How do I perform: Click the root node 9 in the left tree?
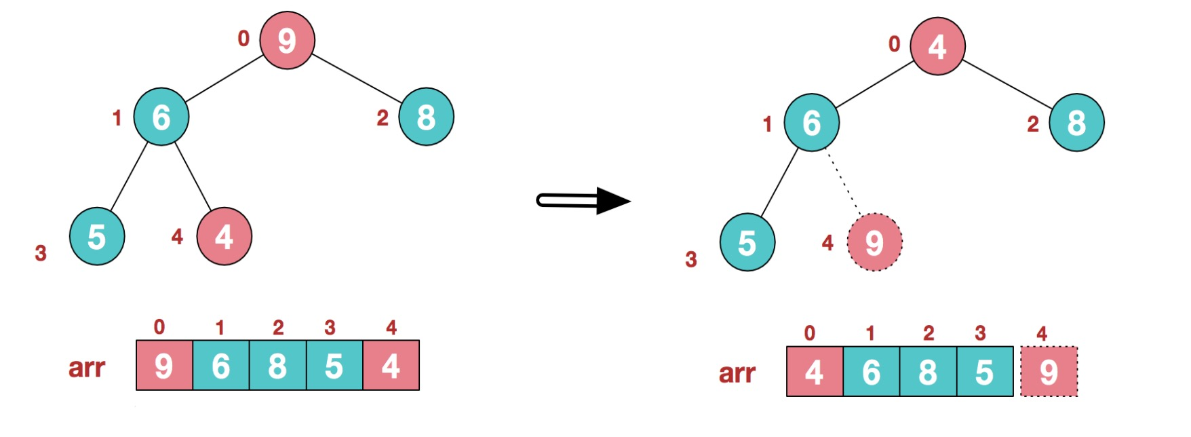pyautogui.click(x=287, y=40)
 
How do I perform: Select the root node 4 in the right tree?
pyautogui.click(x=937, y=46)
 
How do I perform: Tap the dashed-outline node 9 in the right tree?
pyautogui.click(x=874, y=242)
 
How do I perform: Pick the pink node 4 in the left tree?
pyautogui.click(x=224, y=236)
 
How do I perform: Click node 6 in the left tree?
pyautogui.click(x=161, y=117)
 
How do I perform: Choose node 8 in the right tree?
pyautogui.click(x=1076, y=123)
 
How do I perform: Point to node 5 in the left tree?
pyautogui.click(x=96, y=236)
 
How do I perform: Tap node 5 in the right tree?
pyautogui.click(x=747, y=242)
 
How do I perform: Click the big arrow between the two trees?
pyautogui.click(x=583, y=200)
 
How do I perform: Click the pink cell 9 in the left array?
pyautogui.click(x=164, y=366)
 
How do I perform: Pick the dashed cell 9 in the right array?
pyautogui.click(x=1049, y=372)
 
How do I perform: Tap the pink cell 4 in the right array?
pyautogui.click(x=815, y=372)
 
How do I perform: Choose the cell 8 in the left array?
pyautogui.click(x=277, y=366)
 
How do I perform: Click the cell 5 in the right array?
pyautogui.click(x=985, y=372)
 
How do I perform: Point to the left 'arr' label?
pyautogui.click(x=87, y=367)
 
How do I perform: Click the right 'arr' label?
pyautogui.click(x=737, y=373)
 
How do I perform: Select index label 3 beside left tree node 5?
pyautogui.click(x=41, y=253)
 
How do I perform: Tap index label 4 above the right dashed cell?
pyautogui.click(x=1042, y=333)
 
